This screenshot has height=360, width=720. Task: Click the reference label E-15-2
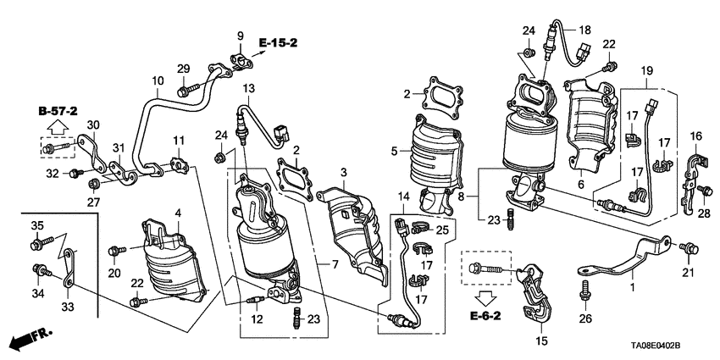tap(279, 43)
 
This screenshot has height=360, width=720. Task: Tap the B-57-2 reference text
tap(58, 111)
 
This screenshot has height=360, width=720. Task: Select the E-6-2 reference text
tap(485, 316)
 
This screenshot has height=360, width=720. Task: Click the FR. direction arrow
tap(30, 339)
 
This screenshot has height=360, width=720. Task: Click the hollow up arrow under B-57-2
tap(57, 127)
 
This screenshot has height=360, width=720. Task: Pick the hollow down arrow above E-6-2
tap(485, 299)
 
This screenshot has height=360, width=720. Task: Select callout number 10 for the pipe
tap(158, 81)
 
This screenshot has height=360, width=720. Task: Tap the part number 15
tap(542, 341)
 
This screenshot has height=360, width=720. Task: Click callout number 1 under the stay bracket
tap(632, 287)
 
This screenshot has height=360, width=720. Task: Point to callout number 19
tap(647, 70)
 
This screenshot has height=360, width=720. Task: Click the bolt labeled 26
tap(584, 290)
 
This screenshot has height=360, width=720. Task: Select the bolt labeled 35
tap(42, 243)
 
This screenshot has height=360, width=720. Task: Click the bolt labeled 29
tap(188, 90)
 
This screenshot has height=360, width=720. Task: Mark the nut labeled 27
tap(94, 184)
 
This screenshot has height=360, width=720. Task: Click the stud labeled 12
tap(254, 301)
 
